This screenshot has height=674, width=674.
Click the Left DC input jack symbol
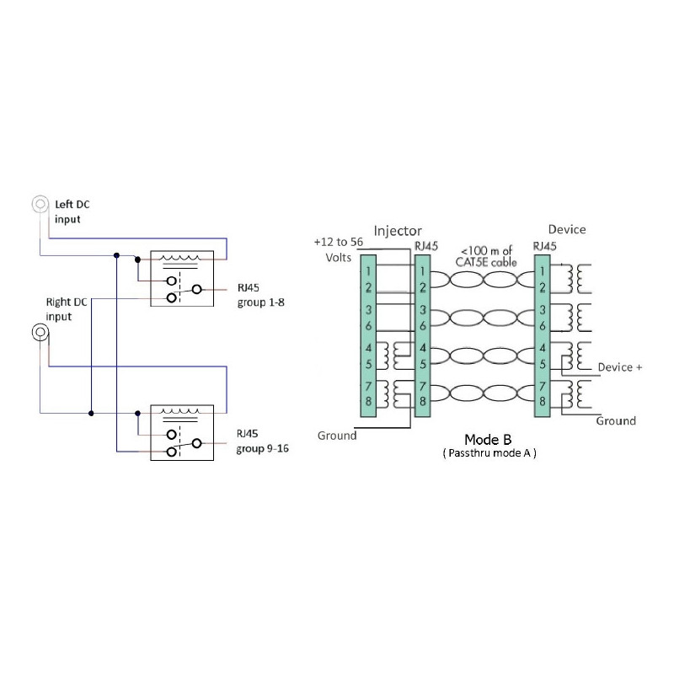(x=40, y=204)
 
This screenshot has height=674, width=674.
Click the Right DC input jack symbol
(x=40, y=332)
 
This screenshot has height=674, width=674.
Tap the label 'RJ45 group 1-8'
(x=260, y=295)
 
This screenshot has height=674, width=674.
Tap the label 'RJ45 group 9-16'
(x=262, y=441)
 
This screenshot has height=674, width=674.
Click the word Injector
(x=398, y=231)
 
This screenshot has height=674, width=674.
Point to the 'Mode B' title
(x=488, y=439)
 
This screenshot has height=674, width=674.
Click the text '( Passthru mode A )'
(x=489, y=453)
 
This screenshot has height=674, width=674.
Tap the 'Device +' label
(x=620, y=367)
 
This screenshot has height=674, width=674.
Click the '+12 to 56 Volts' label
(x=339, y=249)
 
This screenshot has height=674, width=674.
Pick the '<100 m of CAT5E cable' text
(x=486, y=256)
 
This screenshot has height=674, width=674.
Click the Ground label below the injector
(x=337, y=436)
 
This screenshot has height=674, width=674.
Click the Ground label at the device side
(x=616, y=420)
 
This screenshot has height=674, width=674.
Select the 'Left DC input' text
(x=72, y=211)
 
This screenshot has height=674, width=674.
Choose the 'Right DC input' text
(x=67, y=309)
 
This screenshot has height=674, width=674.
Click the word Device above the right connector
(x=567, y=229)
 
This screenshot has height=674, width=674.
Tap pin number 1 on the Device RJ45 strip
(x=542, y=271)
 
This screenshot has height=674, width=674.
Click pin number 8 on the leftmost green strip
(x=368, y=401)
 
